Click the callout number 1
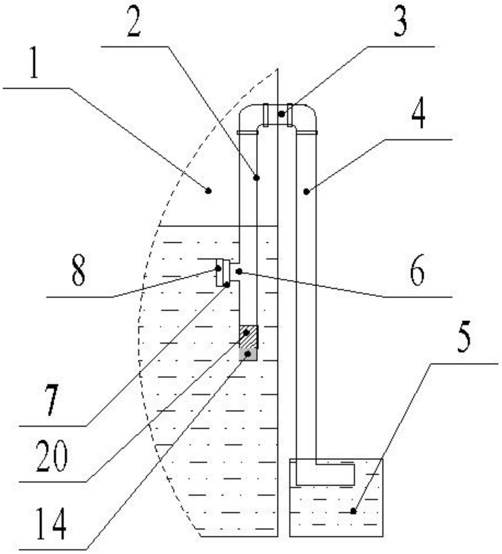tap(34, 63)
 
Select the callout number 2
tap(134, 22)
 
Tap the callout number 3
tap(400, 22)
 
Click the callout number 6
tap(417, 270)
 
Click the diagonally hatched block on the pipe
tap(249, 337)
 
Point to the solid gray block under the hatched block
tap(248, 355)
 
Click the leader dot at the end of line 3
tap(281, 114)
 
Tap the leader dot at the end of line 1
tap(208, 191)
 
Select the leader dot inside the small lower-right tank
tap(353, 511)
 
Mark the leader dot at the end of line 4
tap(306, 191)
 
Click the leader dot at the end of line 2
tap(256, 178)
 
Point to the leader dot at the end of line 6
tap(239, 271)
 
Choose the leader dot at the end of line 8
tap(218, 269)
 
